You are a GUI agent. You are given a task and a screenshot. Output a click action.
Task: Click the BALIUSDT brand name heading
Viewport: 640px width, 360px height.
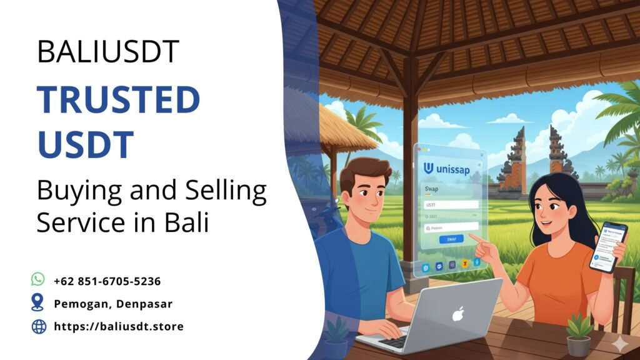tap(108, 51)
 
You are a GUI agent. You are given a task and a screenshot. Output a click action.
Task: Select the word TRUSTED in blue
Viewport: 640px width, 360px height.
tap(118, 101)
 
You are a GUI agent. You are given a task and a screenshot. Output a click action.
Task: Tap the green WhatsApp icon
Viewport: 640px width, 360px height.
tap(38, 279)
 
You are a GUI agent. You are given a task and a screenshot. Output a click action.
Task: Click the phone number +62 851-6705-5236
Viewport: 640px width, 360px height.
tap(107, 281)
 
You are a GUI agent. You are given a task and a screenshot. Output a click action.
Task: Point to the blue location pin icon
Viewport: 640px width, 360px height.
tap(38, 302)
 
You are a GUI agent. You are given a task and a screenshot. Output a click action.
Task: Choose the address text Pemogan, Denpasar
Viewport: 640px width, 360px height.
tap(113, 304)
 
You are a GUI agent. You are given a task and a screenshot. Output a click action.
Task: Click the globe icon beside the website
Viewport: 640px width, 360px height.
tap(39, 326)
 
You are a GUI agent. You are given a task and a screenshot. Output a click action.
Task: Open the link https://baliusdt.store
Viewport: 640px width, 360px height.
tap(119, 326)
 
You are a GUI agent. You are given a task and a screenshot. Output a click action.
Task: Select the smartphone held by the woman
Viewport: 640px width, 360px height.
tap(607, 246)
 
